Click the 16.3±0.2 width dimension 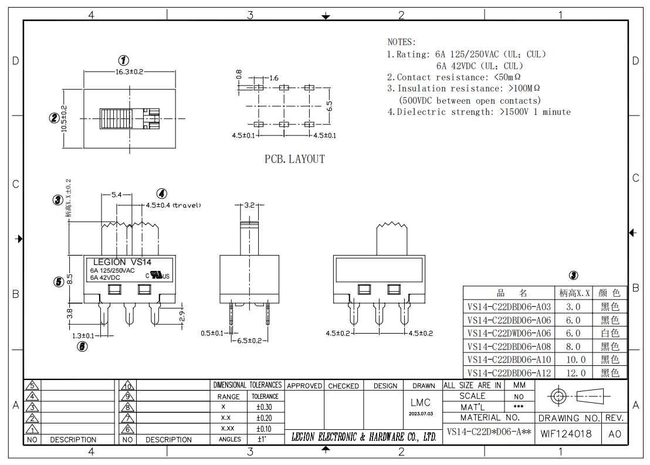pyautogui.click(x=129, y=72)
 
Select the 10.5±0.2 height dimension pyautogui.click(x=65, y=118)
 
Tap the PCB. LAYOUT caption pyautogui.click(x=294, y=159)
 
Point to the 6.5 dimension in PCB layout pyautogui.click(x=329, y=106)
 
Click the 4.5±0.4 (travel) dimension pyautogui.click(x=173, y=205)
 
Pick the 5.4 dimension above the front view pyautogui.click(x=117, y=194)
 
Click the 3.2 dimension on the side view pyautogui.click(x=249, y=205)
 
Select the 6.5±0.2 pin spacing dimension pyautogui.click(x=249, y=341)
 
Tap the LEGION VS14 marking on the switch pyautogui.click(x=122, y=262)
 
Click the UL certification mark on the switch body pyautogui.click(x=158, y=275)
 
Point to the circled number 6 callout pyautogui.click(x=83, y=347)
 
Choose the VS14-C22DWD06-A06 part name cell pyautogui.click(x=509, y=333)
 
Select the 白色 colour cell pyautogui.click(x=610, y=333)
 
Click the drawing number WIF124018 pyautogui.click(x=566, y=434)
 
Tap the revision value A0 pyautogui.click(x=615, y=434)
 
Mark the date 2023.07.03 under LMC pyautogui.click(x=421, y=413)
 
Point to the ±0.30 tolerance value pyautogui.click(x=264, y=407)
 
